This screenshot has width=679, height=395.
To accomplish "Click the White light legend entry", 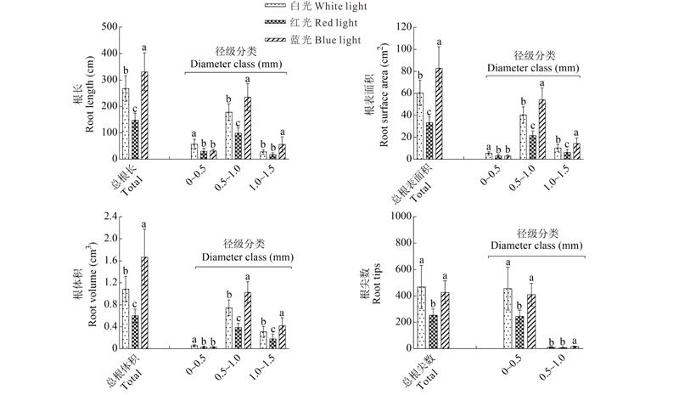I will pos(318,7).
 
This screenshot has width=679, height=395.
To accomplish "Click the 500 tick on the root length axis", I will pos(109,27).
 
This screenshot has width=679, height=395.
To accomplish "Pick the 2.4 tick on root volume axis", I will pos(108,217).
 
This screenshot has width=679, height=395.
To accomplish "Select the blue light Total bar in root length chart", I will pos(143,115).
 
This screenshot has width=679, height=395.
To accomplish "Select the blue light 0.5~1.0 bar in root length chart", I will pos(247,127).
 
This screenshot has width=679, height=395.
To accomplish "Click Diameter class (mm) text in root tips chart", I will pos(536,246).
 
